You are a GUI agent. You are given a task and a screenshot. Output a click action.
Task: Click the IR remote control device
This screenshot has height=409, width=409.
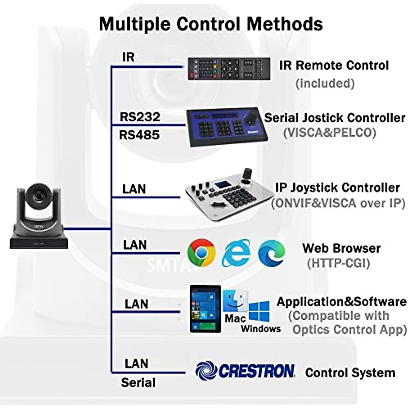[x=229, y=69]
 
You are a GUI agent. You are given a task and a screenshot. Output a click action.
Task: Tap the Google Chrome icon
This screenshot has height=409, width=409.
[x=201, y=253]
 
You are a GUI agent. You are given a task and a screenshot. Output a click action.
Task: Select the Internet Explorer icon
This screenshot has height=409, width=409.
[x=236, y=253]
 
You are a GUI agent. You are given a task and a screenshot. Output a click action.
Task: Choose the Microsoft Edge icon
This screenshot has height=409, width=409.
[x=271, y=253]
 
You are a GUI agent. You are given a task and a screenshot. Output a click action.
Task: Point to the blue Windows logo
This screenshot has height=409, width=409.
[x=259, y=312]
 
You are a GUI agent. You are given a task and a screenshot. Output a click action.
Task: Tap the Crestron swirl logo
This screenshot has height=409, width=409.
[x=206, y=371]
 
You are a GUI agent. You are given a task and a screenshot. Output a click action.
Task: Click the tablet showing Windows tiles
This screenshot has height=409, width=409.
[x=205, y=309]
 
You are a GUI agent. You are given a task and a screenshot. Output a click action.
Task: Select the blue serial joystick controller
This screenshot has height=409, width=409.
[x=227, y=127]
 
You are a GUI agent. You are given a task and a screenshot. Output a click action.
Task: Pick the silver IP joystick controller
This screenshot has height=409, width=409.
[x=229, y=195]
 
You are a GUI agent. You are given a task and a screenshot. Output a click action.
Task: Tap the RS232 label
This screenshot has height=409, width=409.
[x=140, y=117]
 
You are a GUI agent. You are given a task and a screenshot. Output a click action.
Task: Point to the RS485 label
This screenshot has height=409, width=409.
[x=139, y=135]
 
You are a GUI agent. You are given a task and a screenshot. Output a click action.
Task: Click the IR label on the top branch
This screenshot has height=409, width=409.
[x=128, y=57]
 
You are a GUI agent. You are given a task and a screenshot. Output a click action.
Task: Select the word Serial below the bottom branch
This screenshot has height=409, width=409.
[x=138, y=382]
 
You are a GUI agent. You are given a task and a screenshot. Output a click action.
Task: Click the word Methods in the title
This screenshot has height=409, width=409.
[x=285, y=24]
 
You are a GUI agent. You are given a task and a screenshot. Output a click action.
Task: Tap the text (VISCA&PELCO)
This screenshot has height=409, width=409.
[x=330, y=133]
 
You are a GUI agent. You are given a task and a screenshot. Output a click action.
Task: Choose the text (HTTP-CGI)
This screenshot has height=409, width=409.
[x=338, y=263]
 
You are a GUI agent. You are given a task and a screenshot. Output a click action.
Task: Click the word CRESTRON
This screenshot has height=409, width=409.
[x=256, y=371]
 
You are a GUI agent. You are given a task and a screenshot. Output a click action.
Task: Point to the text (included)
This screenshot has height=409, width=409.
[x=325, y=83]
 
